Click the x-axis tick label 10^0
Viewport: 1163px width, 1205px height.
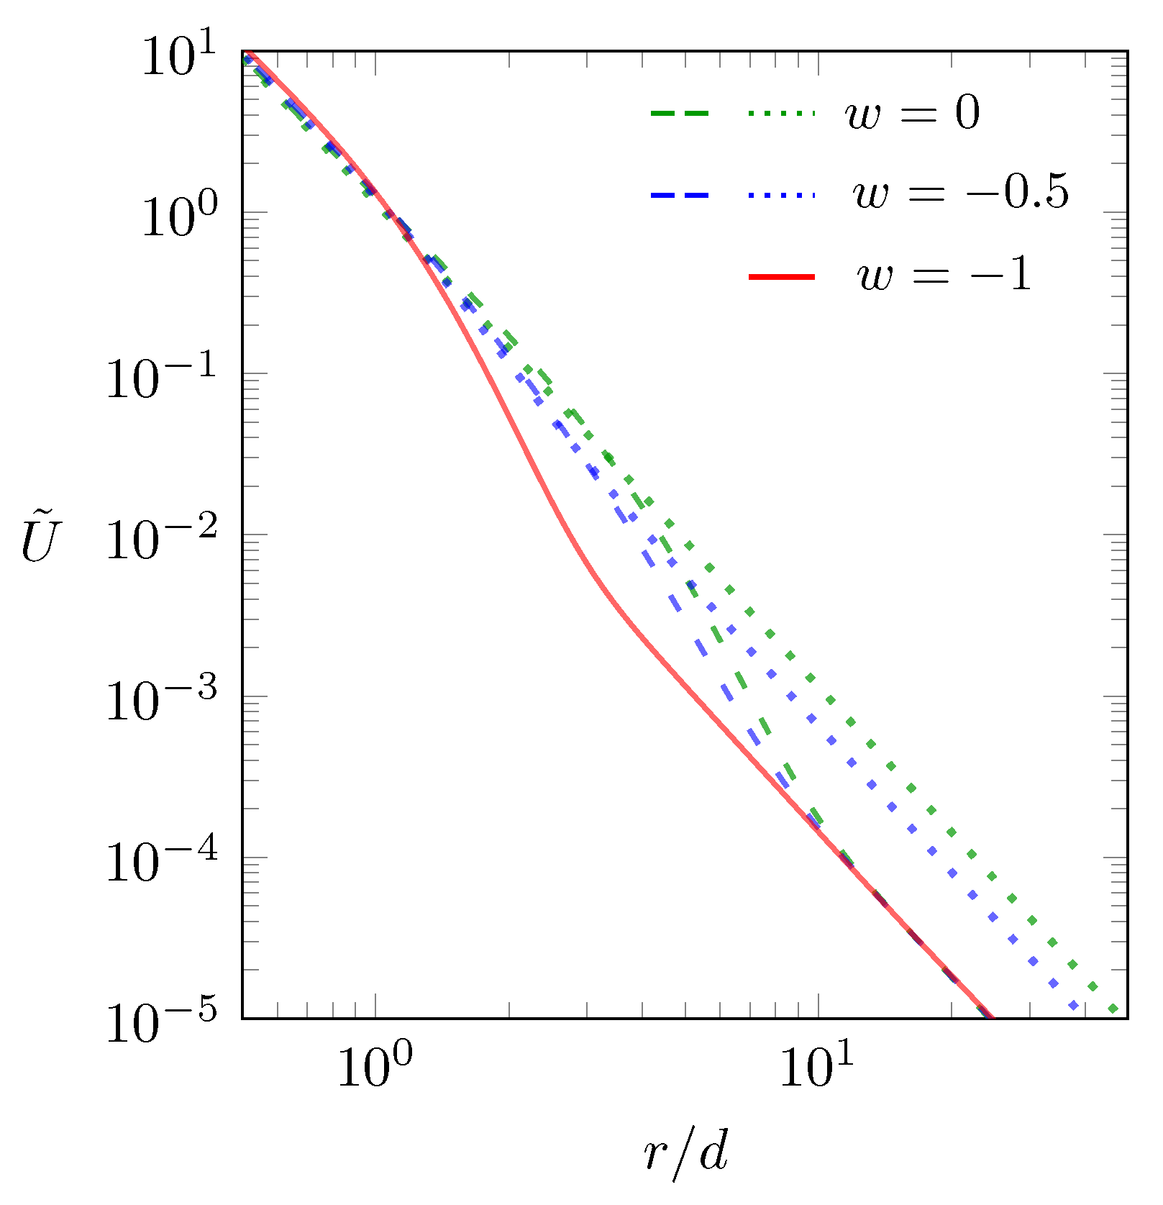pos(375,1066)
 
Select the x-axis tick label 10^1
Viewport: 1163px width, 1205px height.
pos(817,1066)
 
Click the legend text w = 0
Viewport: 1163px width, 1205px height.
pos(913,114)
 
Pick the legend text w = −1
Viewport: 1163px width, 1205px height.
pos(944,275)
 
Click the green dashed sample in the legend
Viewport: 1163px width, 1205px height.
pos(680,114)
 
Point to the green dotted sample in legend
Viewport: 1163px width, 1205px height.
pos(782,114)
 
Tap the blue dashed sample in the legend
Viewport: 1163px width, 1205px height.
pos(680,195)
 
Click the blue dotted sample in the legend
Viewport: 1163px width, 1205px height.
pos(782,195)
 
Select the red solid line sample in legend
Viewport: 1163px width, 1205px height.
pos(782,277)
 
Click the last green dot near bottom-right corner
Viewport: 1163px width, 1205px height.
pos(1113,1009)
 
